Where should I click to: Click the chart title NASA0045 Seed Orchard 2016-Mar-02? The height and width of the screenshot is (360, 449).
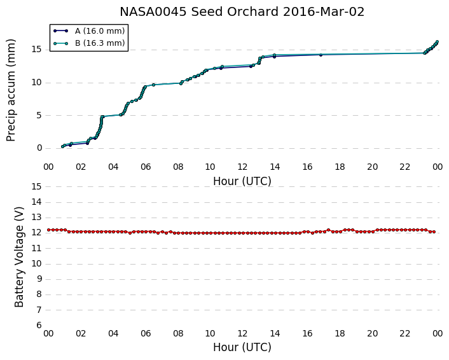click(242, 12)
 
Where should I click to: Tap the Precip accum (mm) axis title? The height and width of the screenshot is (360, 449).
click(11, 90)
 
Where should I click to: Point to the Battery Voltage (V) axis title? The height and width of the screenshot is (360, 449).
click(19, 257)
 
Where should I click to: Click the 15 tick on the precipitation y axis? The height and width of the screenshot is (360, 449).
click(37, 50)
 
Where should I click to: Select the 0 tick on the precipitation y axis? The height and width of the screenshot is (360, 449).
click(39, 148)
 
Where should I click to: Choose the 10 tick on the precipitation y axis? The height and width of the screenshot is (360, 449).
click(37, 83)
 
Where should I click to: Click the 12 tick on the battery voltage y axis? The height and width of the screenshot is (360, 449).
click(37, 233)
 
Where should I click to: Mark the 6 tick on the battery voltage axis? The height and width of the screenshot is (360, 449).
click(39, 326)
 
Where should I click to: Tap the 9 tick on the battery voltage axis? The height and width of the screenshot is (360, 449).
click(39, 279)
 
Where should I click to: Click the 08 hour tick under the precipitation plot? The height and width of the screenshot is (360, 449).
click(178, 167)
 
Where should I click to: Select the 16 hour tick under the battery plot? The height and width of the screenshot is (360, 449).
click(308, 334)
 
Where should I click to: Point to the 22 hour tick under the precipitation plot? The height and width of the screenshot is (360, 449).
click(405, 167)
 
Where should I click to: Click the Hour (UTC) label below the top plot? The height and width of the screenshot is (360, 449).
click(242, 181)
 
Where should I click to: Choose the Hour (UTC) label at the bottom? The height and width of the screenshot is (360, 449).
click(242, 347)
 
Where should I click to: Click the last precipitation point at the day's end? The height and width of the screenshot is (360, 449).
click(437, 42)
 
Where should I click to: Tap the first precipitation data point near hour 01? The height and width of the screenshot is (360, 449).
click(63, 147)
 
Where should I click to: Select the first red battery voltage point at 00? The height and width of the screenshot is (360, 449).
click(49, 230)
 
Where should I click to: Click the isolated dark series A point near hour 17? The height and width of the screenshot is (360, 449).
click(321, 55)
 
